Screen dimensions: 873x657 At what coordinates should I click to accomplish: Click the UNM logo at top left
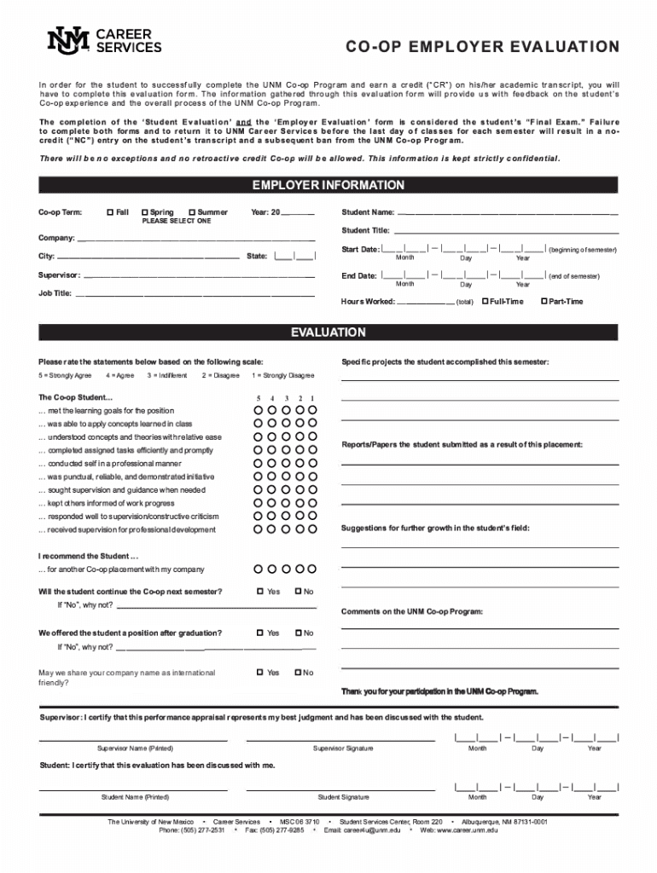pyautogui.click(x=67, y=40)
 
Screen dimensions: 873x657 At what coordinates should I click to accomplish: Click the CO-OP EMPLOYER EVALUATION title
pyautogui.click(x=482, y=46)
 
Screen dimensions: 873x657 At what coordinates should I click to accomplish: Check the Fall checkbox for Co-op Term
pyautogui.click(x=109, y=212)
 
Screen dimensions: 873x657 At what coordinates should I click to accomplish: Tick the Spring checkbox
pyautogui.click(x=145, y=212)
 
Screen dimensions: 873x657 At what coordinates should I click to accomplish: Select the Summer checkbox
pyautogui.click(x=192, y=212)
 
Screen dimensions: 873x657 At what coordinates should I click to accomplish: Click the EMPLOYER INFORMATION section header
pyautogui.click(x=328, y=185)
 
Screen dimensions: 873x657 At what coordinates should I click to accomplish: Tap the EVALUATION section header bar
pyautogui.click(x=328, y=332)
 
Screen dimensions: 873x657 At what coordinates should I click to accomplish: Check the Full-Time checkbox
pyautogui.click(x=485, y=301)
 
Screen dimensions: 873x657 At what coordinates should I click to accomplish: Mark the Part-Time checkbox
pyautogui.click(x=544, y=301)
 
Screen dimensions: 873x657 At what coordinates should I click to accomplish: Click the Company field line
pyautogui.click(x=195, y=240)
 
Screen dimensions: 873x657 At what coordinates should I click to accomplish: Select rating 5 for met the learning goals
pyautogui.click(x=259, y=411)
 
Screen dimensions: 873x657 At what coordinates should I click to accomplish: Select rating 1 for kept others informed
pyautogui.click(x=312, y=504)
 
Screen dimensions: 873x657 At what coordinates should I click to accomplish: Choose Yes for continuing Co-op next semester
pyautogui.click(x=260, y=592)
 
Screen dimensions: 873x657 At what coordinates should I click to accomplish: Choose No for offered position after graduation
pyautogui.click(x=298, y=633)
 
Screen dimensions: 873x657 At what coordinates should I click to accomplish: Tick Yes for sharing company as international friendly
pyautogui.click(x=260, y=673)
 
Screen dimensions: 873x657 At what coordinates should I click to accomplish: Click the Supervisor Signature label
pyautogui.click(x=342, y=749)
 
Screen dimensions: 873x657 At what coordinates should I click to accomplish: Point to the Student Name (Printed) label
pyautogui.click(x=135, y=797)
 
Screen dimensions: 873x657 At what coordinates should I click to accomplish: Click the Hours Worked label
pyautogui.click(x=368, y=302)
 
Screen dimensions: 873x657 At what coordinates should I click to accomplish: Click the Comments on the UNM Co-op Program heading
pyautogui.click(x=412, y=611)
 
